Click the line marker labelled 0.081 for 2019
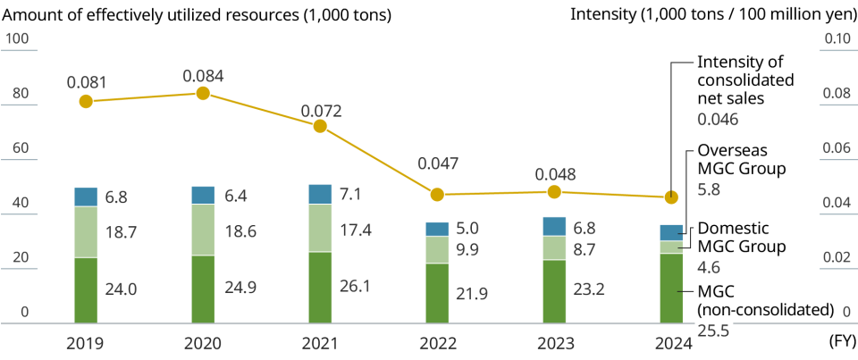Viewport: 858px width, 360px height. point(86,101)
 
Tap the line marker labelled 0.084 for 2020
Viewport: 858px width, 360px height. point(203,93)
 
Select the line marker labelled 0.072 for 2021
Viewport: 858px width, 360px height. point(320,126)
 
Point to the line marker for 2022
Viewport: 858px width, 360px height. point(437,194)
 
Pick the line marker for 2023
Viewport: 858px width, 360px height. point(554,192)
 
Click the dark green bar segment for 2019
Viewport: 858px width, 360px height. point(86,290)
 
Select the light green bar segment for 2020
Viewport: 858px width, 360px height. point(203,230)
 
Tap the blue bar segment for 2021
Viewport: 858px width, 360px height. point(320,194)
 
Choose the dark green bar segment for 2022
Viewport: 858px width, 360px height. point(437,293)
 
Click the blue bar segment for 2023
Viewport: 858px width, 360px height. point(554,226)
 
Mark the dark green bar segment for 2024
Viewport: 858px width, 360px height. point(671,288)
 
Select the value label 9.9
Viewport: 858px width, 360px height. point(467,250)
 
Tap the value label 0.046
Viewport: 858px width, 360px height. point(717,119)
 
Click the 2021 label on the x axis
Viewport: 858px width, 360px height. point(320,345)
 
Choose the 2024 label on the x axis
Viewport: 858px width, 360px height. point(671,345)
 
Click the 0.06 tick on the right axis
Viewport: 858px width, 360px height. point(837,148)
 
